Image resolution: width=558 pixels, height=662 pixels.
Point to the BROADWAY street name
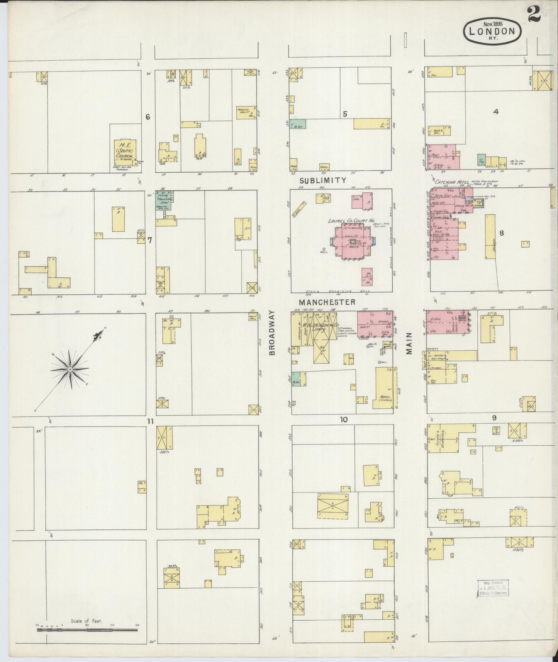click(x=271, y=333)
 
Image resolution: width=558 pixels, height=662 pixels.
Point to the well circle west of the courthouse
click(x=324, y=249)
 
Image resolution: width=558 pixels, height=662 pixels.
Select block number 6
click(x=147, y=117)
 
